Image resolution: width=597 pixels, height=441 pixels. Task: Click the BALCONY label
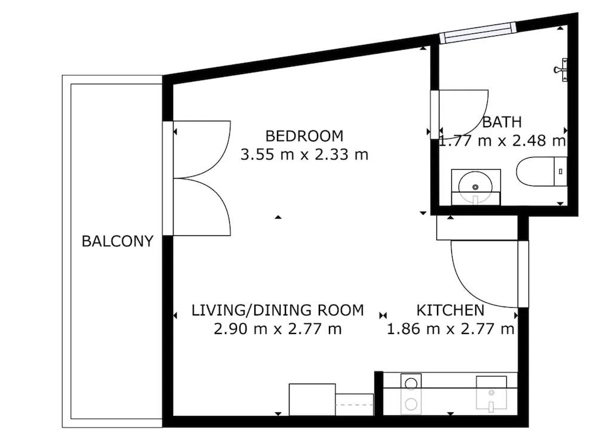click(x=117, y=241)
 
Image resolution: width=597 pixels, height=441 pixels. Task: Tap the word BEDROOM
click(x=304, y=136)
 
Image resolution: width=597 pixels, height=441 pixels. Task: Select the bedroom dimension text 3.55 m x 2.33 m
click(x=304, y=154)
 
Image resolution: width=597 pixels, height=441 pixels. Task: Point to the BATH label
click(x=502, y=122)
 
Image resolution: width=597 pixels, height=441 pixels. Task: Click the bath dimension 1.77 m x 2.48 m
click(x=503, y=140)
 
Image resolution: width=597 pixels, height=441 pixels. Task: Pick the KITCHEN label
click(x=450, y=310)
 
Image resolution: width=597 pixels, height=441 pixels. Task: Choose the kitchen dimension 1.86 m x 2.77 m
click(x=450, y=329)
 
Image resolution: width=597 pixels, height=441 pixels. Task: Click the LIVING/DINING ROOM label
click(x=278, y=310)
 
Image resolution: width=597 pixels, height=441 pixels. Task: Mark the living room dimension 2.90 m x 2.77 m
click(x=278, y=329)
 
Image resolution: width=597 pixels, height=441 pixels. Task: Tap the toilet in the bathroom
click(x=541, y=171)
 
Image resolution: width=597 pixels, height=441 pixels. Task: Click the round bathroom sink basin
click(x=475, y=187)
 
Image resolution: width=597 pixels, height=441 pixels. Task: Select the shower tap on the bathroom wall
click(x=561, y=70)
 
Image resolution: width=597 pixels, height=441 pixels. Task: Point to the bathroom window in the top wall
click(x=478, y=32)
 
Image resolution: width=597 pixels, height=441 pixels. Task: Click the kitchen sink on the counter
click(x=491, y=394)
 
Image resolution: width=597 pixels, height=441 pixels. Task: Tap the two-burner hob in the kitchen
click(x=411, y=394)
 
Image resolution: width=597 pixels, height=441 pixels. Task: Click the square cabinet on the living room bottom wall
click(x=312, y=399)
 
